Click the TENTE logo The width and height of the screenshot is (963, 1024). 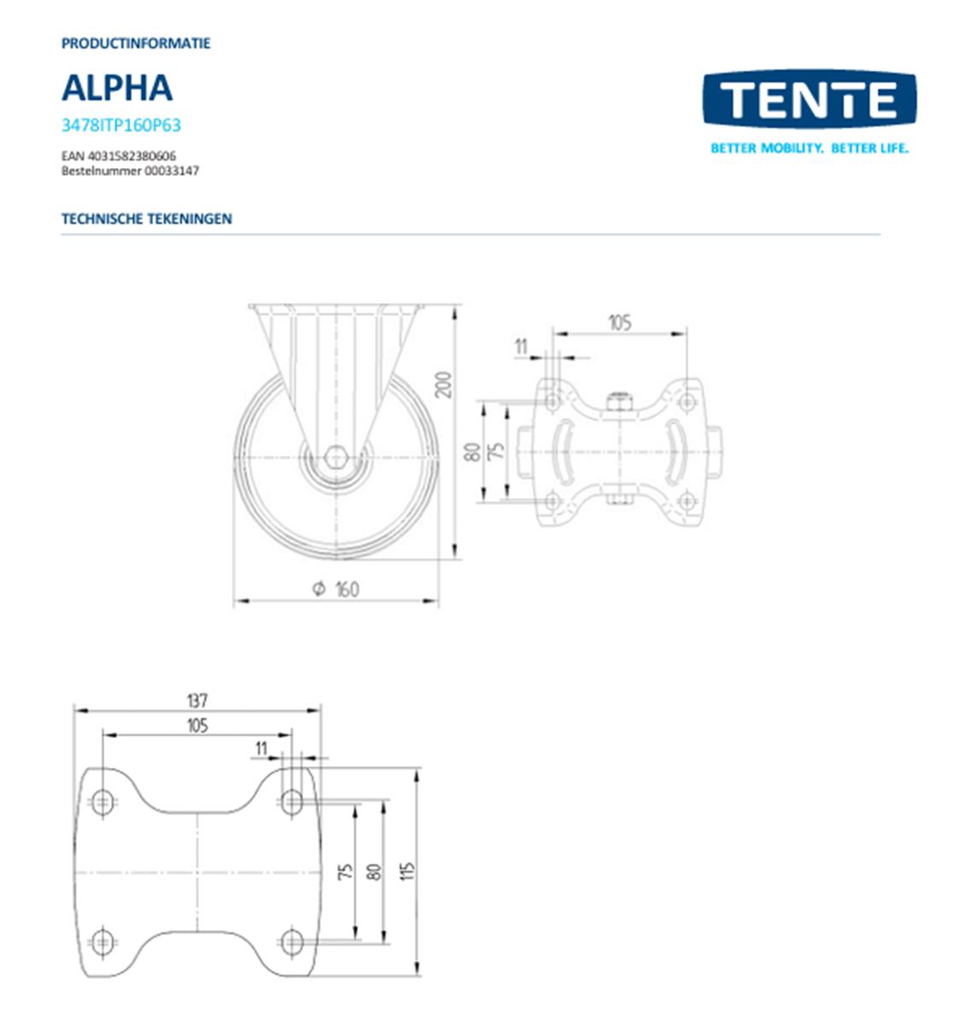pyautogui.click(x=808, y=100)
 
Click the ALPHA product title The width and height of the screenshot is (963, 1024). pyautogui.click(x=117, y=88)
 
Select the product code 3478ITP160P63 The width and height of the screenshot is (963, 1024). pyautogui.click(x=121, y=125)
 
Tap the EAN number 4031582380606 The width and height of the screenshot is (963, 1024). pyautogui.click(x=119, y=157)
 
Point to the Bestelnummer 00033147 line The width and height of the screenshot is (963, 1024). pyautogui.click(x=130, y=171)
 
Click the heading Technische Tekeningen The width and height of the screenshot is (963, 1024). pyautogui.click(x=146, y=218)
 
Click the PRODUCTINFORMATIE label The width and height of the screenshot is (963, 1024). pyautogui.click(x=136, y=43)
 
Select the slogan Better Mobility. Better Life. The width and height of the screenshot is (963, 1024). pyautogui.click(x=809, y=148)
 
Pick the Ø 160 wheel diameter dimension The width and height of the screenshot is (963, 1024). pyautogui.click(x=336, y=589)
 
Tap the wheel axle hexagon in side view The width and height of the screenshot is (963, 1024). pyautogui.click(x=336, y=458)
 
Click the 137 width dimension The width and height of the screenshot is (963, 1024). pyautogui.click(x=196, y=701)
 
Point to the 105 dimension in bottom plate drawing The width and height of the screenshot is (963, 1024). pyautogui.click(x=196, y=725)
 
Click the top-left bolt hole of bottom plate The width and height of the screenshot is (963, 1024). pyautogui.click(x=103, y=801)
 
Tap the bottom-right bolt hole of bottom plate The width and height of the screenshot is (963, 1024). pyautogui.click(x=292, y=942)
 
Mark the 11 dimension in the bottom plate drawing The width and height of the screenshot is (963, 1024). pyautogui.click(x=262, y=748)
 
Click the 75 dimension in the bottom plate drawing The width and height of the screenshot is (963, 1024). pyautogui.click(x=345, y=871)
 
